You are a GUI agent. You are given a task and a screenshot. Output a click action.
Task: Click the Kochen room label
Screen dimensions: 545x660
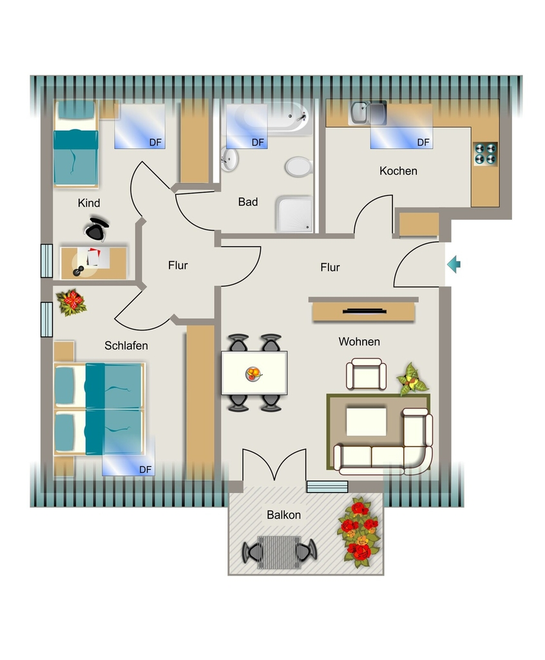pos(398,171)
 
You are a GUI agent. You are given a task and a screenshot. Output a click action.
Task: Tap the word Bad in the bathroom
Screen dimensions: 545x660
pos(248,202)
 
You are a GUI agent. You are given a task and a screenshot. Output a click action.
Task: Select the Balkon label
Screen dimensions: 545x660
pos(283,515)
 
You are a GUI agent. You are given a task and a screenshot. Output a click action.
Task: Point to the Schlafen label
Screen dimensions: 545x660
pos(126,345)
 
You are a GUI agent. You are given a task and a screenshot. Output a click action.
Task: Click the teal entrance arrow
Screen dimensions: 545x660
pos(454,265)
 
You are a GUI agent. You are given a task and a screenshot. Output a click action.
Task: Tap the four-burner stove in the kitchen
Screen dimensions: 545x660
pos(485,153)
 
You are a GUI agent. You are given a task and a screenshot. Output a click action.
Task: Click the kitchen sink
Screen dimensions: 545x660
pos(368,113)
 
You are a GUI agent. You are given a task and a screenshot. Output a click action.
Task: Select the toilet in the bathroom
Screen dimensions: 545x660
pos(298,167)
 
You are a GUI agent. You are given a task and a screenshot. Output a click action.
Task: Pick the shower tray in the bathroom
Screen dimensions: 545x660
pos(294,213)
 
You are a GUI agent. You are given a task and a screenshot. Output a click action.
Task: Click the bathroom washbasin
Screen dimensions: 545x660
pos(229,160)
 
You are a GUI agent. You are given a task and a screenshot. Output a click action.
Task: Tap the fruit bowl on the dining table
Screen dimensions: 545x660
pos(253,374)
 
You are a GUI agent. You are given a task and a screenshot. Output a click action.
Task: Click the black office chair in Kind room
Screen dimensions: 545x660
pos(97,229)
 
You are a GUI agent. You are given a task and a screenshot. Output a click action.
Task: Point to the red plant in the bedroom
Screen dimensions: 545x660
pos(72,302)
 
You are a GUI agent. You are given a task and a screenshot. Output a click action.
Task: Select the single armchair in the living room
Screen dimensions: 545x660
pos(366,374)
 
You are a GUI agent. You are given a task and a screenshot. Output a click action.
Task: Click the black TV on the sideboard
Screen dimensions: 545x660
pos(365,311)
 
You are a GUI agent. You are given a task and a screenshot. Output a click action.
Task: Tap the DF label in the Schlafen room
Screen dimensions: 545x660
pos(145,470)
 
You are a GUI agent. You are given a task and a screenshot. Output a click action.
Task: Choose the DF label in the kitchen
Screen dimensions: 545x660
pos(423,142)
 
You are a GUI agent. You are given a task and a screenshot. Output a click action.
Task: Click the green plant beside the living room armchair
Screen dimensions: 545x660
pos(412,380)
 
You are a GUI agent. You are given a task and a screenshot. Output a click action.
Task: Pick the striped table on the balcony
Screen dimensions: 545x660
pos(279,552)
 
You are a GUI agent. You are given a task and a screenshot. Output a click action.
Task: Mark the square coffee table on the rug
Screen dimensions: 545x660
pos(366,422)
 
